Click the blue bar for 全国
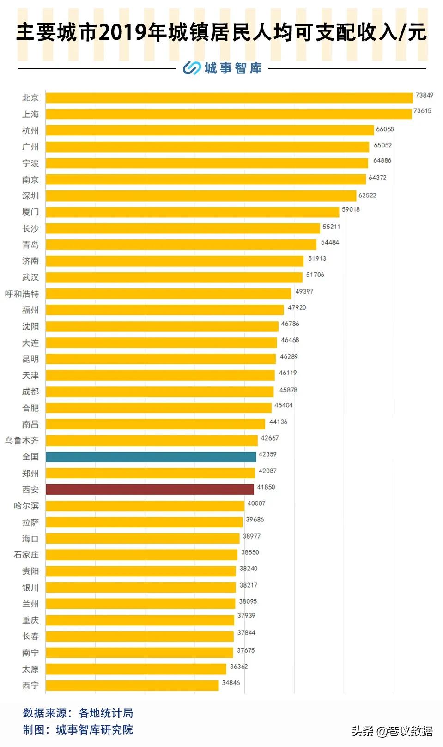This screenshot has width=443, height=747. coord(151,457)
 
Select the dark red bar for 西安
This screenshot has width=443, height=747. coord(150,489)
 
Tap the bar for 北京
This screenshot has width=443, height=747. coord(229,98)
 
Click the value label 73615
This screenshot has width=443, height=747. coord(422,111)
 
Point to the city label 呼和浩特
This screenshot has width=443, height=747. coord(22,294)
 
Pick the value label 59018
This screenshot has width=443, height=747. coord(351,209)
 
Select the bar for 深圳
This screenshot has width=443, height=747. coord(201,196)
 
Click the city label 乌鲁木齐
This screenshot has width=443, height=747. coord(22,441)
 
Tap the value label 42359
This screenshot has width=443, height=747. coord(267,454)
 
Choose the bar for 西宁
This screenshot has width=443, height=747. coord(132,685)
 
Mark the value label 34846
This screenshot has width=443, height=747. coord(231,683)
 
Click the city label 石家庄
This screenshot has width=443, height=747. coord(26,555)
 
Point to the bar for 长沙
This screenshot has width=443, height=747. coord(182,228)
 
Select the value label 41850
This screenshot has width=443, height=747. coord(266,487)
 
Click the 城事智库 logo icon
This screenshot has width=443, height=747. coord(191,68)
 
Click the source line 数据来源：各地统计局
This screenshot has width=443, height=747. coord(78,713)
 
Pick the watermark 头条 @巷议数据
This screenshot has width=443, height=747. coord(392,731)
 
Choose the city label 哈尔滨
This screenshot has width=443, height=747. coord(26,506)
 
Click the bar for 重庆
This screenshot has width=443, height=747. coord(140,620)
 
